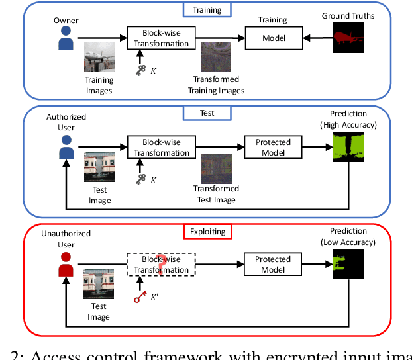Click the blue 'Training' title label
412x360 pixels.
pos(207,9)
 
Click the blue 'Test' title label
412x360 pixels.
pos(207,112)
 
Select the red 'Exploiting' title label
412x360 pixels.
pos(208,232)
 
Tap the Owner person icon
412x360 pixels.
pos(66,39)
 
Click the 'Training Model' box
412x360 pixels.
pos(274,38)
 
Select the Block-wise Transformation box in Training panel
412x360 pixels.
pos(162,38)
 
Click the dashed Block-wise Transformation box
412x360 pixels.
pos(162,265)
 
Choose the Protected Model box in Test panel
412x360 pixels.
pos(274,147)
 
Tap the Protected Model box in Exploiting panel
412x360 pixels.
pos(274,265)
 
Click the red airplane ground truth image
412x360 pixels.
pos(348,38)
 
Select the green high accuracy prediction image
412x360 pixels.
pos(348,148)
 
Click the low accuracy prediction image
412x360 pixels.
pos(348,265)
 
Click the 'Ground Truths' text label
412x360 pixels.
pos(348,15)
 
